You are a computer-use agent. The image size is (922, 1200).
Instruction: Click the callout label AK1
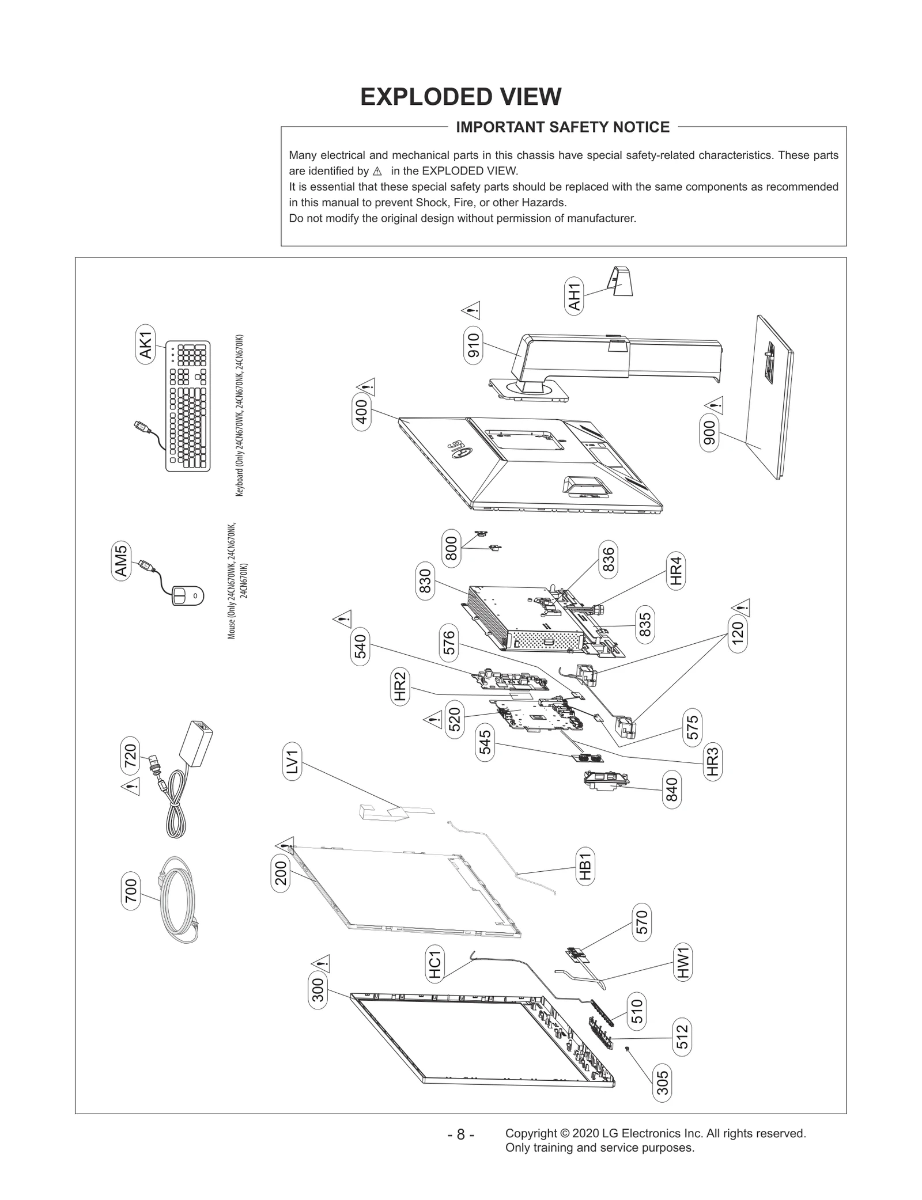146,344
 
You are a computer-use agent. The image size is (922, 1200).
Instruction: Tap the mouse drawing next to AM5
188,595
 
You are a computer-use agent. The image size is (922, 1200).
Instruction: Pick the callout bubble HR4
676,570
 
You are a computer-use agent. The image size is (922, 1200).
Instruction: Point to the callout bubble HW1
683,963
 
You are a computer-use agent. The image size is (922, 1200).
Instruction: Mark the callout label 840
672,790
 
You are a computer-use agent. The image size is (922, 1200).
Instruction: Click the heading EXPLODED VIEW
460,97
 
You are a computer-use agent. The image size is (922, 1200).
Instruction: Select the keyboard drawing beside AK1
188,406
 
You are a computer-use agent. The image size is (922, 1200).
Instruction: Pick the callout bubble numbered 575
693,727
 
